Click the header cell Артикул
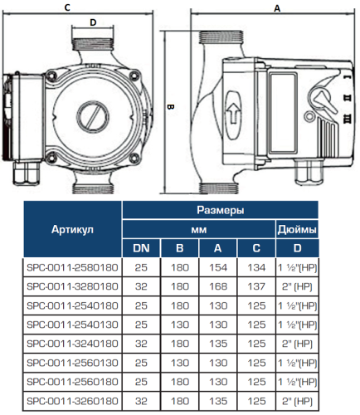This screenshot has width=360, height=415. point(72,228)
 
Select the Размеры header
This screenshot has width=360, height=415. point(220,211)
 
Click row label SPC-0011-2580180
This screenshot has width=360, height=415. point(72,266)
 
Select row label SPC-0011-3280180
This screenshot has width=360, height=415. point(72,286)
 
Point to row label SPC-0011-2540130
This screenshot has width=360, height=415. point(72,323)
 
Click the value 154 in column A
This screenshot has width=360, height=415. point(217,266)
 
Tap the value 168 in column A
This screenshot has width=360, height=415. point(217,286)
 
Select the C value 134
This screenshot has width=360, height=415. point(255,266)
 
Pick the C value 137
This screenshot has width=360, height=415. point(255,286)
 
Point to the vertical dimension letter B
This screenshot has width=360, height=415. point(168,107)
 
